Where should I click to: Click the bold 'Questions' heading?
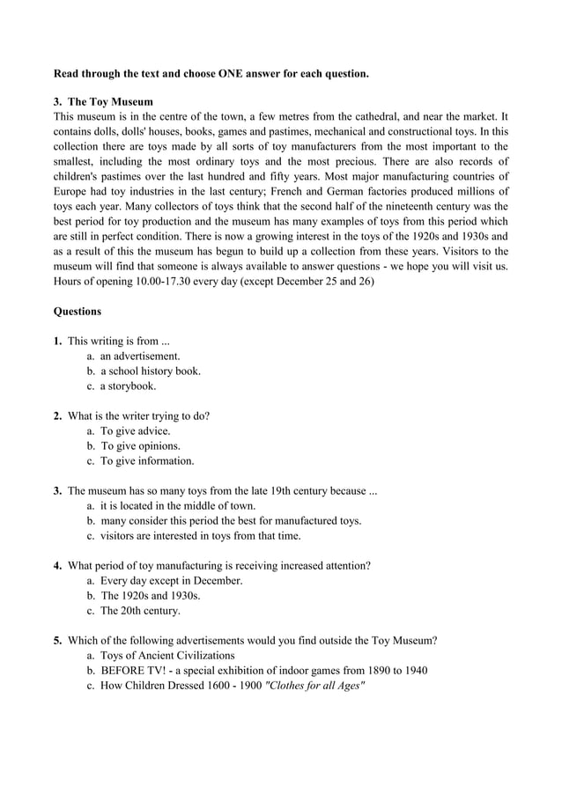(78, 311)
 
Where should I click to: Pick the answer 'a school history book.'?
(150, 371)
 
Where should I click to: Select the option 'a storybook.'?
(128, 386)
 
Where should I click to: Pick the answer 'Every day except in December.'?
(171, 581)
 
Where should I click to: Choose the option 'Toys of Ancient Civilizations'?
(167, 656)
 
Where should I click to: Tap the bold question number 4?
(57, 566)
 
